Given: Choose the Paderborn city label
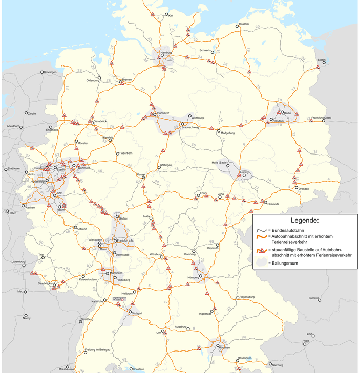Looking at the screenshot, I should [125, 153].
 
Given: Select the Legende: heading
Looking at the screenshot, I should [305, 221].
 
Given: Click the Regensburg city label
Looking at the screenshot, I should [246, 297].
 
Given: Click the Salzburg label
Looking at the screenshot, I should [278, 365].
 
